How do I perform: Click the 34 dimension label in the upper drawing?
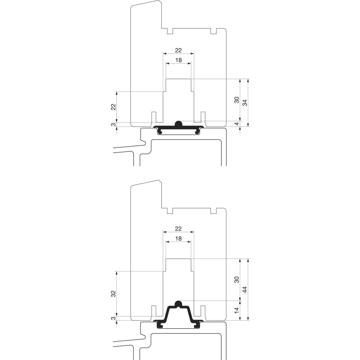[245, 103]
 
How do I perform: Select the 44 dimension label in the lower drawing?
[245, 289]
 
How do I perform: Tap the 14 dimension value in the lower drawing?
[237, 310]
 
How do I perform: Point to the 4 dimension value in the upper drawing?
[237, 123]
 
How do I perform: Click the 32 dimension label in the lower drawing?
[114, 294]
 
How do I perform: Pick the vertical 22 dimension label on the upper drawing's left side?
[114, 107]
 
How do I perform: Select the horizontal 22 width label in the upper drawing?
[179, 50]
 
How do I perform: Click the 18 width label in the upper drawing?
[179, 60]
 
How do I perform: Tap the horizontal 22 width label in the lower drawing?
[179, 229]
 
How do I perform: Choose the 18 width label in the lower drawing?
[179, 239]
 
